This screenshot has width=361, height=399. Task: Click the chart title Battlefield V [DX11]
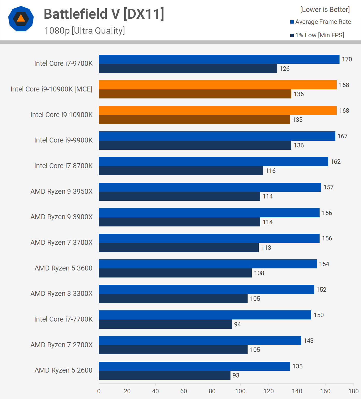coord(104,14)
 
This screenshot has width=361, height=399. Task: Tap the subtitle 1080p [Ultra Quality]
coord(84,31)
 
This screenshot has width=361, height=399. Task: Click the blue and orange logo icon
coord(21,19)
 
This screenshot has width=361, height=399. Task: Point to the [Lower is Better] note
coord(325,10)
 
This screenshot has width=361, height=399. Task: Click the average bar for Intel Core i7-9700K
coord(219,59)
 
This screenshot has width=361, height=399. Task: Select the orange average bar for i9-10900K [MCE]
coord(218,85)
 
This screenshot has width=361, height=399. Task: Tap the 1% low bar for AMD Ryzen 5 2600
coord(164,375)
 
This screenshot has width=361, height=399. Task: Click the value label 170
coord(347,59)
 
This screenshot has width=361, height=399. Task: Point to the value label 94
coord(237,324)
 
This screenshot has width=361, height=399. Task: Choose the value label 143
coord(308,341)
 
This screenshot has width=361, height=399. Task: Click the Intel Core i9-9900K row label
coord(63,140)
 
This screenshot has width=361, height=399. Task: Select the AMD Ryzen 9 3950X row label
coord(62,191)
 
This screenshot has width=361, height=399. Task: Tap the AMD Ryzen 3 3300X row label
coord(62,294)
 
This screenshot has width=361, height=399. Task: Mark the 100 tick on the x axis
coord(240,391)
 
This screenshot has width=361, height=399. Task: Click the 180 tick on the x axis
coord(353,391)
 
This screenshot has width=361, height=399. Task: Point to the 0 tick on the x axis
coord(99,391)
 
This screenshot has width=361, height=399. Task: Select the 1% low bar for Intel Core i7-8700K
coord(181,171)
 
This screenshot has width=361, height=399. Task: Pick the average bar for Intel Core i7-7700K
coord(205,315)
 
